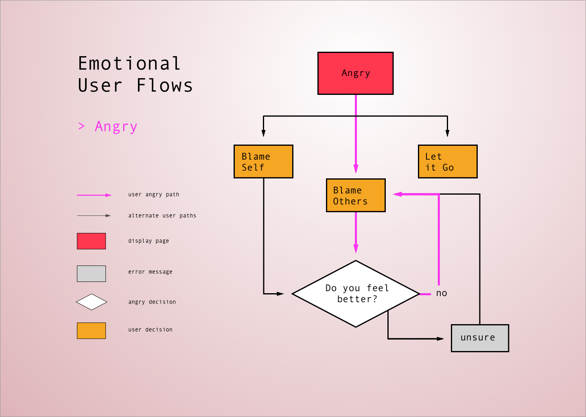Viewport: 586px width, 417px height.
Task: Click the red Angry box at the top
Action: click(x=355, y=73)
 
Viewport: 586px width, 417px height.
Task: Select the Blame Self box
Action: click(x=263, y=162)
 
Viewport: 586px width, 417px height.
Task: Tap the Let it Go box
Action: click(x=448, y=162)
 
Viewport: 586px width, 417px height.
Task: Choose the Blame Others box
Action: click(x=356, y=195)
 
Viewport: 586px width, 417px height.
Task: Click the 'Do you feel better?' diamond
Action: click(x=356, y=294)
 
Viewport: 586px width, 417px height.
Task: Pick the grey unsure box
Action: click(x=480, y=338)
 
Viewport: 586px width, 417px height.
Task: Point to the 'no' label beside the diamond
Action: click(x=442, y=293)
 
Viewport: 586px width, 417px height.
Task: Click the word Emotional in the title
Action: click(x=129, y=64)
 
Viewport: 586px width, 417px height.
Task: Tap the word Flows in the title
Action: click(x=164, y=86)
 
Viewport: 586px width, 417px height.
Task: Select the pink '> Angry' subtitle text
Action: click(x=108, y=127)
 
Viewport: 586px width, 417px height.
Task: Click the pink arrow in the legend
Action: click(x=94, y=195)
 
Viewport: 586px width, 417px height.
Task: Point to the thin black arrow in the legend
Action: click(x=94, y=215)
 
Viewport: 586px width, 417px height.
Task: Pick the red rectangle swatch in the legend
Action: click(x=91, y=241)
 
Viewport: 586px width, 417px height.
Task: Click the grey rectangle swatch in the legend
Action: click(x=91, y=274)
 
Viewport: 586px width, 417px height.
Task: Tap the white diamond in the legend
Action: click(x=92, y=302)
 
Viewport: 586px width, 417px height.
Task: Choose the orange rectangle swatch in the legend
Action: click(x=91, y=331)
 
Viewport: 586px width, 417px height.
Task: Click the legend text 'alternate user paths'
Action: click(x=162, y=216)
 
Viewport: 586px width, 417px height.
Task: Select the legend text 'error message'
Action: click(x=150, y=272)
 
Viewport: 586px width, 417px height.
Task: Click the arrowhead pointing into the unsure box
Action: click(x=440, y=338)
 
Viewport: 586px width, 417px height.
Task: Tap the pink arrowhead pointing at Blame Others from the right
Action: click(x=398, y=194)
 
